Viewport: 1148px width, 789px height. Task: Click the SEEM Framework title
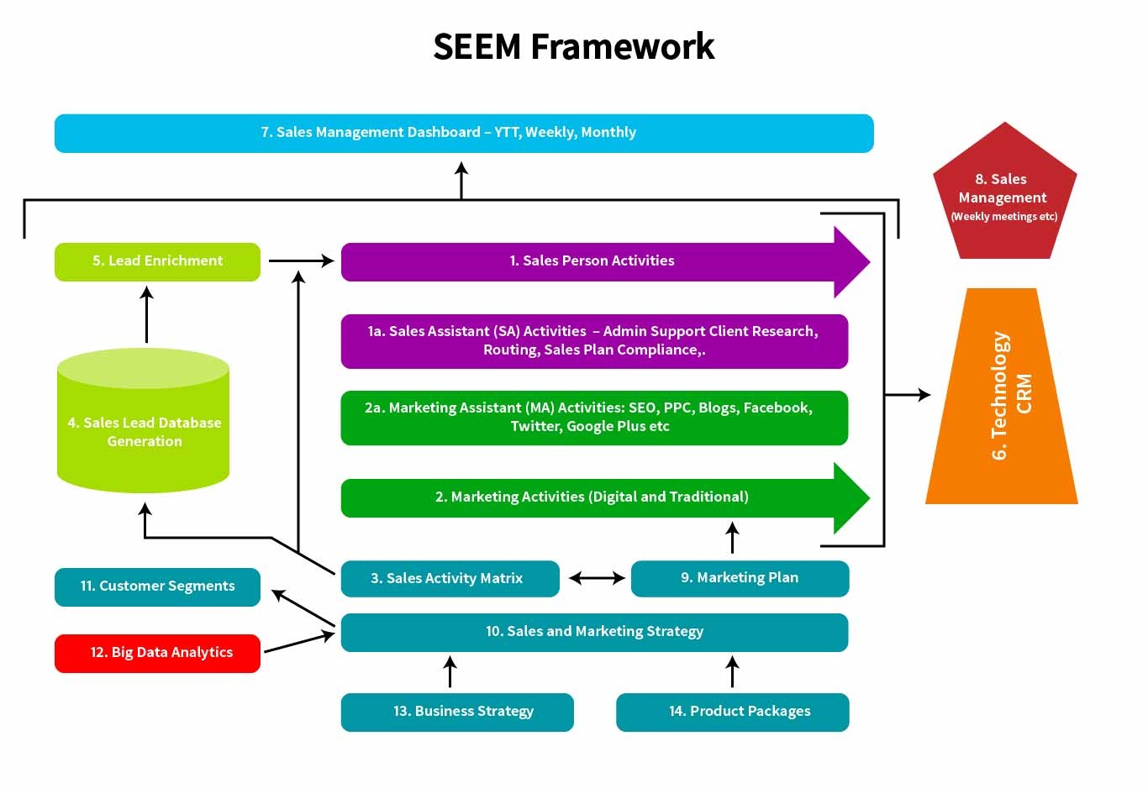(573, 46)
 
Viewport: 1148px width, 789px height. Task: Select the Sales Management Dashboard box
(464, 133)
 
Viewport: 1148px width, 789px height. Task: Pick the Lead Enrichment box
(157, 261)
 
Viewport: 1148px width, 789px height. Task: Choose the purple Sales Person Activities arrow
(592, 261)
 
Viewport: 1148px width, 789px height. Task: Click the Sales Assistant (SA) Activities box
(593, 341)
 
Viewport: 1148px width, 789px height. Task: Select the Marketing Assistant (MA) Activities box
(593, 418)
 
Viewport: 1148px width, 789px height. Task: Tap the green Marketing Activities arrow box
(592, 497)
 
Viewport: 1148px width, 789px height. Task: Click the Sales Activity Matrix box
(450, 578)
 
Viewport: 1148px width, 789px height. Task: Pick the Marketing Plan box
(740, 578)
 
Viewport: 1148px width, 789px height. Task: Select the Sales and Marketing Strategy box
(593, 632)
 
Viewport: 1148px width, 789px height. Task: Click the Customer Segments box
(157, 586)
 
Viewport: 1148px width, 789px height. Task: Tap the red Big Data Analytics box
(157, 653)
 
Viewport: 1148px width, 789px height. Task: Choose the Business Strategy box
(457, 712)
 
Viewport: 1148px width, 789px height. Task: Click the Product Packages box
(732, 712)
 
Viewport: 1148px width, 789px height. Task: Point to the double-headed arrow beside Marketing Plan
(597, 578)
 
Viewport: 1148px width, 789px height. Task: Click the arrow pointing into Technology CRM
(908, 394)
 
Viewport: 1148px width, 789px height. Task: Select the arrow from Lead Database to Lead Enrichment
(146, 315)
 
